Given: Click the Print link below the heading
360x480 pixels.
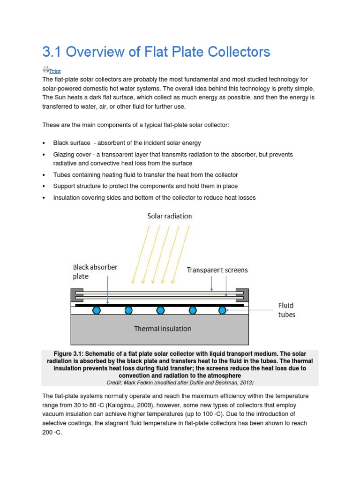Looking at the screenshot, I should (x=55, y=71).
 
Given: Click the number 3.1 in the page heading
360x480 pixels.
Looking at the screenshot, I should (x=52, y=52).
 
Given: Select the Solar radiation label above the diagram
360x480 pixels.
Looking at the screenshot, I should (x=169, y=216).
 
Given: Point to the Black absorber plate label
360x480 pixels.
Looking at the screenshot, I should (x=95, y=271).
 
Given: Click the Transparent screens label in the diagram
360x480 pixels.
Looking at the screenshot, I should (x=217, y=270).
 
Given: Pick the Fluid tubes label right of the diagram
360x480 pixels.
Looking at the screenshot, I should (x=286, y=310).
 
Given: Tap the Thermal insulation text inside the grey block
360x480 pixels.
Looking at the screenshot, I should (x=163, y=329).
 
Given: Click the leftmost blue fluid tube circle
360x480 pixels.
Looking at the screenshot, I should (x=97, y=310).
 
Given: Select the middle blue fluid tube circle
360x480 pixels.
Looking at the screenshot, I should (x=160, y=310).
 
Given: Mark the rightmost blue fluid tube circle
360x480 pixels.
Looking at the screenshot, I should (x=223, y=310).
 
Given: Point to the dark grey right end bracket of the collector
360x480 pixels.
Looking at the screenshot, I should (x=243, y=295).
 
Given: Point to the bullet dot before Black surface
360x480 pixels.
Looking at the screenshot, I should (x=44, y=143).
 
